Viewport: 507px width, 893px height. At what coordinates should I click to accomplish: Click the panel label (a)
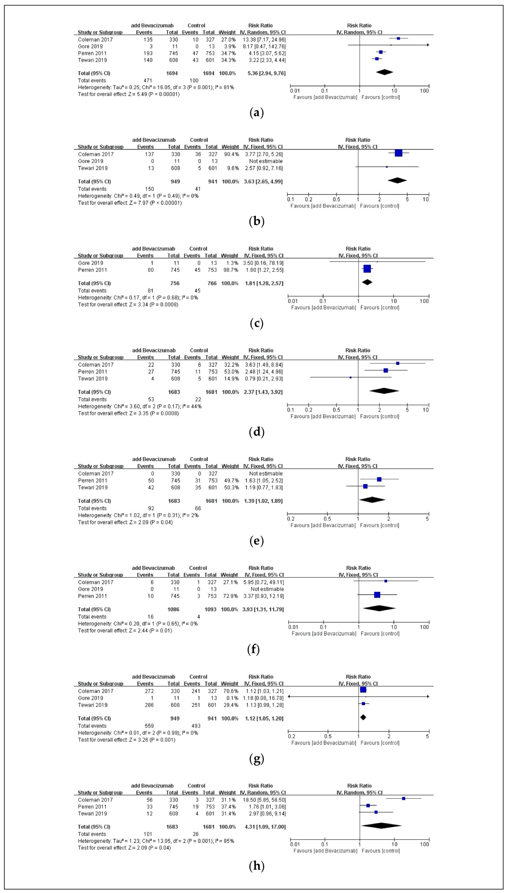pyautogui.click(x=257, y=113)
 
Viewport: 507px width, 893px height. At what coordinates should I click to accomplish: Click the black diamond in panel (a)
pyautogui.click(x=384, y=72)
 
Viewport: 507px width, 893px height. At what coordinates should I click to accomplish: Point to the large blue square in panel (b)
pyautogui.click(x=398, y=153)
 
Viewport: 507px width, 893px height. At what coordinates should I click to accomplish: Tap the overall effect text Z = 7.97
pyautogui.click(x=130, y=203)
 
